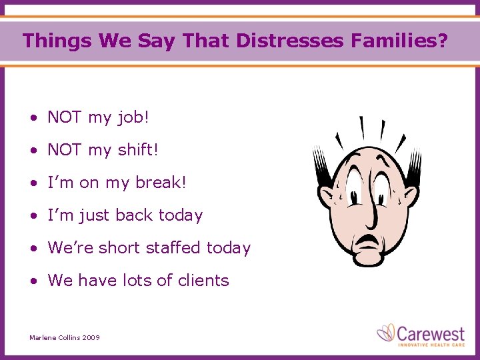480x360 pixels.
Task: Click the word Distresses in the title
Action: click(x=289, y=41)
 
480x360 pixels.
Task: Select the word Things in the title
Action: click(x=57, y=41)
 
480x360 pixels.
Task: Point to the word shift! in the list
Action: click(x=138, y=151)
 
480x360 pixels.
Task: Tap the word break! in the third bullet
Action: click(x=162, y=183)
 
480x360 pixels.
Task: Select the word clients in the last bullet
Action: click(x=203, y=281)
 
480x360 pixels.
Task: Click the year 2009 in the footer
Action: click(x=91, y=338)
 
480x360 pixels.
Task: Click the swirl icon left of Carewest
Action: click(x=387, y=333)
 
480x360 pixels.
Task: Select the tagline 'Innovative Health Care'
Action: click(x=430, y=344)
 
